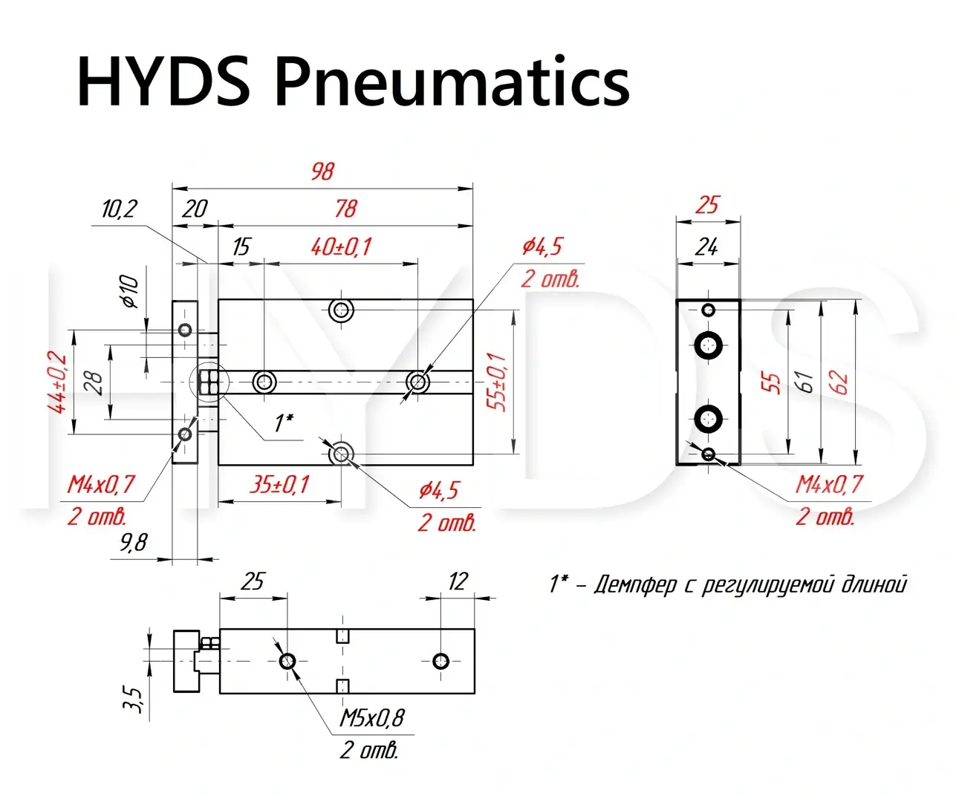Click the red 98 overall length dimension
[x=323, y=172]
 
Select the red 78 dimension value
[x=345, y=209]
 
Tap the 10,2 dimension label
[x=120, y=209]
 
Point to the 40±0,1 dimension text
[x=341, y=247]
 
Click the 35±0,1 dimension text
[x=279, y=485]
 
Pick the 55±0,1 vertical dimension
[x=499, y=382]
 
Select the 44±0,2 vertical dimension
[x=57, y=382]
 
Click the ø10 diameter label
[x=130, y=291]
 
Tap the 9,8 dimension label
[x=134, y=543]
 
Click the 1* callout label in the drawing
[x=283, y=423]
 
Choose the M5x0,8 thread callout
[x=372, y=718]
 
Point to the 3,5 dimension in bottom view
[x=134, y=698]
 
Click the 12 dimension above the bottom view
[x=458, y=581]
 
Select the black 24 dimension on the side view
[x=706, y=247]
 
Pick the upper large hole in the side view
[x=709, y=344]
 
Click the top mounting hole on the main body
[x=342, y=310]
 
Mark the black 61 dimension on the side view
[x=804, y=382]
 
